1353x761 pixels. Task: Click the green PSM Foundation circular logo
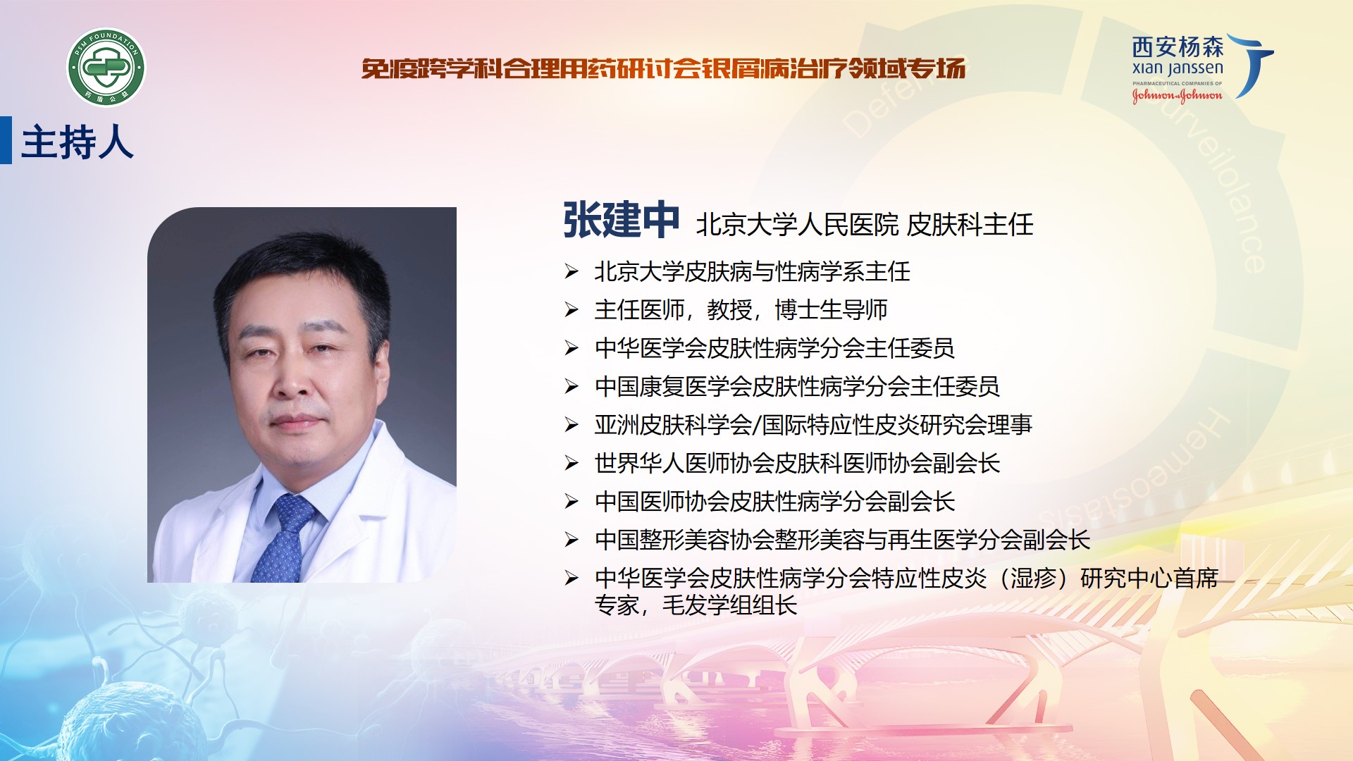(106, 68)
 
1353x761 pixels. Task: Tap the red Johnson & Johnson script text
(1177, 95)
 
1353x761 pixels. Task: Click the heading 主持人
(78, 142)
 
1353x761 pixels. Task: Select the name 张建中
(621, 220)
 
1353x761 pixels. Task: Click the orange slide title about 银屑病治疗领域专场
(663, 68)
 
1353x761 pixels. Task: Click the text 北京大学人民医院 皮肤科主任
(865, 225)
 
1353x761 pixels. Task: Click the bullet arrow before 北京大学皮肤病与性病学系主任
(572, 271)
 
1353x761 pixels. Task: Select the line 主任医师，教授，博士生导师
(741, 309)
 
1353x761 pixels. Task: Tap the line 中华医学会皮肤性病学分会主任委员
(774, 348)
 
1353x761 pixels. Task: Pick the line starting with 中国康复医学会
(797, 386)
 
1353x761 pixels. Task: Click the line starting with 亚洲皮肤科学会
(813, 425)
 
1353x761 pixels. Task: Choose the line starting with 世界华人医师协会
(797, 463)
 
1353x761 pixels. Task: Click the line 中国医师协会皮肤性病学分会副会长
(774, 501)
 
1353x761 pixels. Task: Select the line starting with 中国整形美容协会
(842, 540)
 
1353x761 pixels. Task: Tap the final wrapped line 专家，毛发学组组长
(696, 605)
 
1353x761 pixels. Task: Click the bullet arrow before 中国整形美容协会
(572, 540)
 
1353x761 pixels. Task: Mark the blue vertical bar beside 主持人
(6, 140)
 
